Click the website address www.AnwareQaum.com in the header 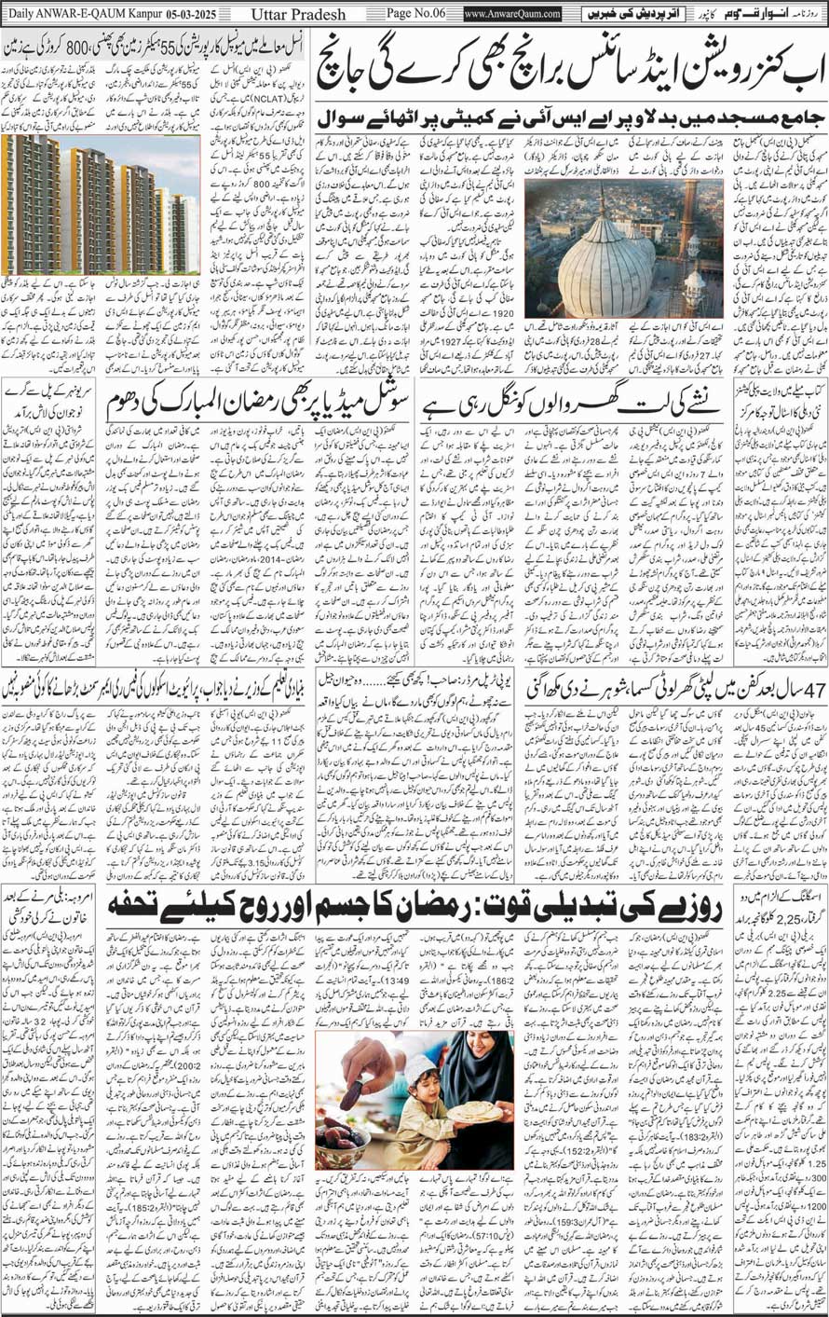click(512, 14)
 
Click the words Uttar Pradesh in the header click(297, 14)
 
